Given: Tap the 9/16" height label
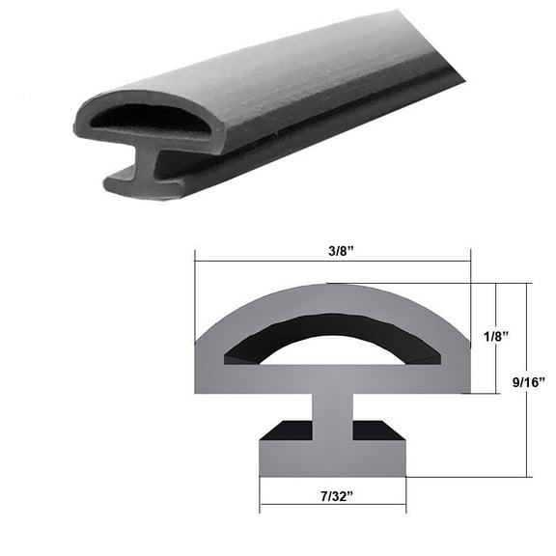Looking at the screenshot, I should click(x=529, y=383).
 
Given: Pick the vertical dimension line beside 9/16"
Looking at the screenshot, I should click(x=528, y=425).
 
